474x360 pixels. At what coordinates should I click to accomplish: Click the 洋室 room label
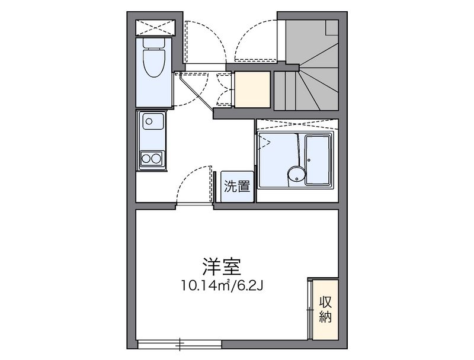point(222,266)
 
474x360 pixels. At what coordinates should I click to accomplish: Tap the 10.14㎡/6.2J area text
point(222,285)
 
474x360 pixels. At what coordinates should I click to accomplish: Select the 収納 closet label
point(325,309)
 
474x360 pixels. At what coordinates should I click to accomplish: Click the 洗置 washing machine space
point(237,187)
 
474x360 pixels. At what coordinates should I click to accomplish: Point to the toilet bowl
point(154,63)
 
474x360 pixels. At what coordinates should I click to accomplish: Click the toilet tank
point(154,43)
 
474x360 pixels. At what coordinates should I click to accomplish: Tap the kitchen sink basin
point(153,121)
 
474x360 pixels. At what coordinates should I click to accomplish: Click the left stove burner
point(146,158)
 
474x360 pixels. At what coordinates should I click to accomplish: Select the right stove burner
point(156,158)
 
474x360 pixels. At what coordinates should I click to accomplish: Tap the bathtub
point(318,160)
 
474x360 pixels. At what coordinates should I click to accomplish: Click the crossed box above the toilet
point(155,28)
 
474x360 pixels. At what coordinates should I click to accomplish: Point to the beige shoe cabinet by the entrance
point(252,89)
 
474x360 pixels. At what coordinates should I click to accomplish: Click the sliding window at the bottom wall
point(180,344)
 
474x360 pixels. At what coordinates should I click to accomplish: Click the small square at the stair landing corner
point(332,27)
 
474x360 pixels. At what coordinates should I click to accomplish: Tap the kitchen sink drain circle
point(149,121)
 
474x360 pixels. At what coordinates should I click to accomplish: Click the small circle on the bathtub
point(309,160)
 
